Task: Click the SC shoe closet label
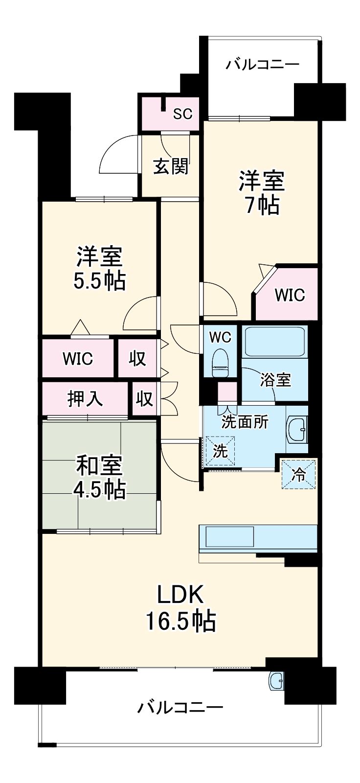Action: tap(183, 114)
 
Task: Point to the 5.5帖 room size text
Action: tap(99, 281)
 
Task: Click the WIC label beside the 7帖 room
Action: tap(289, 295)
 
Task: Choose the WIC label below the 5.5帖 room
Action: tap(77, 359)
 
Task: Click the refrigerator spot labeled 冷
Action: tap(298, 474)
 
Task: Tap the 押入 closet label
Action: tap(85, 399)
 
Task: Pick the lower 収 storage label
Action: tap(144, 399)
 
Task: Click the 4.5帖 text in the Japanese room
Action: tap(99, 489)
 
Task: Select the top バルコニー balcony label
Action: tap(262, 65)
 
